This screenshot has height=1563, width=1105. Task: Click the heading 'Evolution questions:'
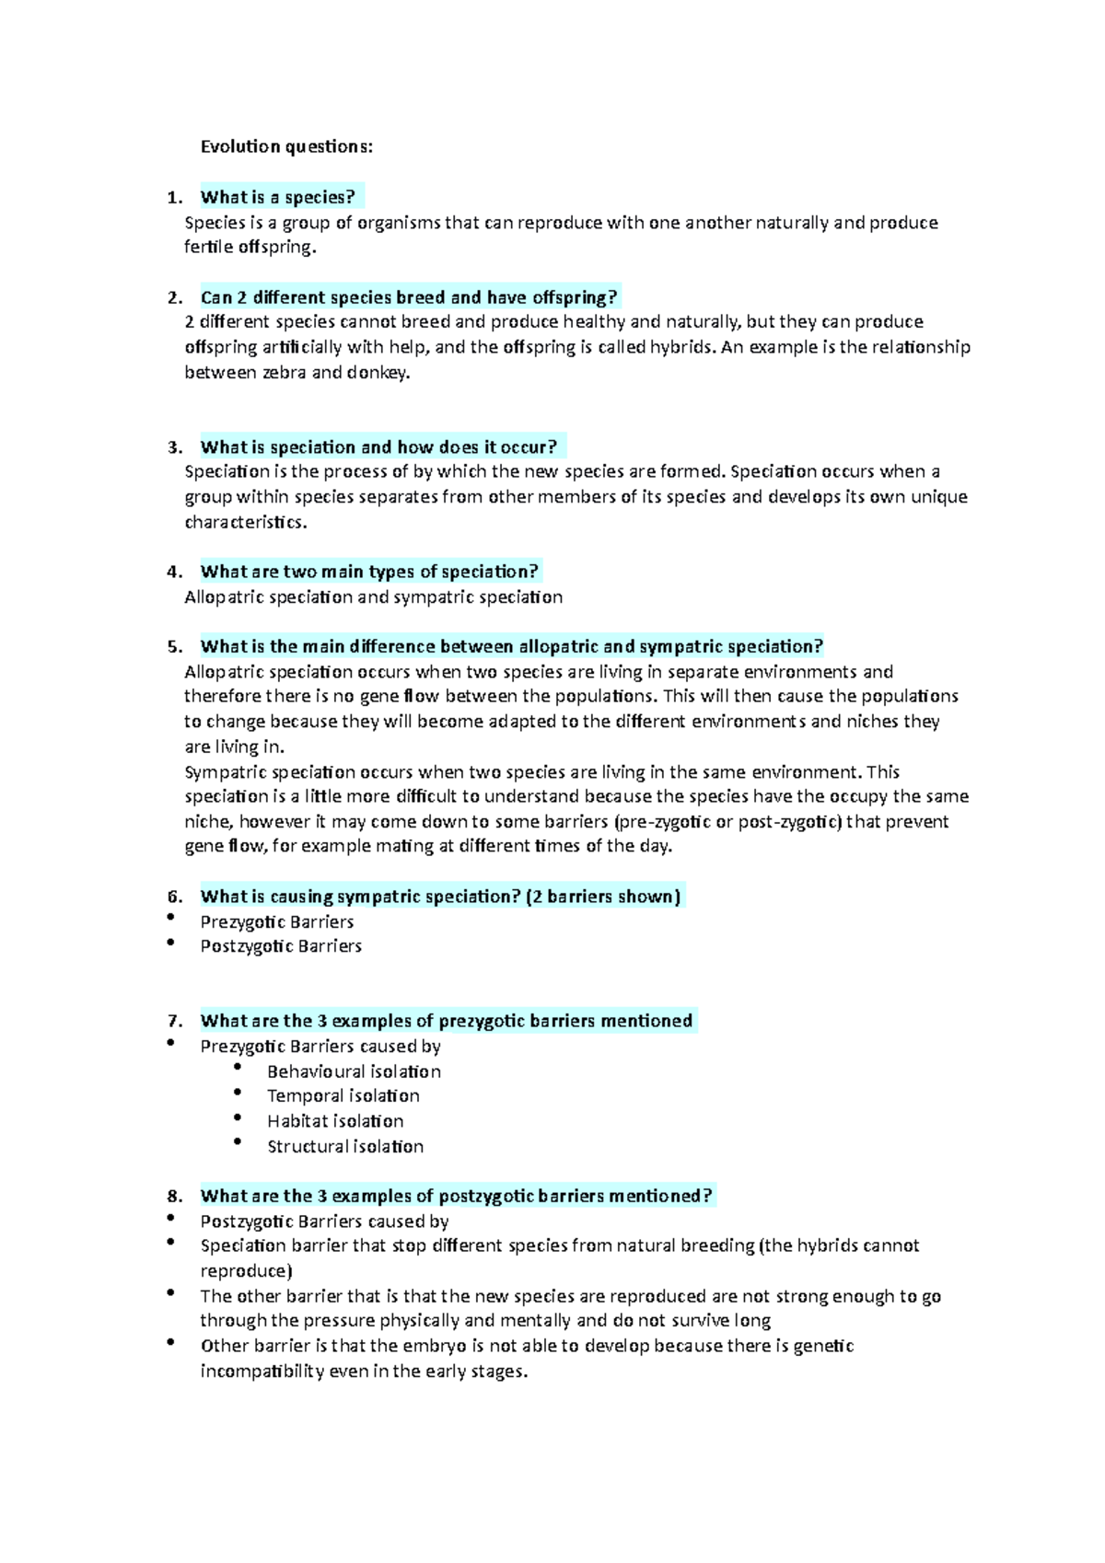(x=286, y=146)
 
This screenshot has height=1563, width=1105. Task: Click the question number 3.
(x=174, y=447)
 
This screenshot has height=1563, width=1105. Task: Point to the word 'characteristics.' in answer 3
(x=246, y=522)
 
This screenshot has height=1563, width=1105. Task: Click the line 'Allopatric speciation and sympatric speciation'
(x=373, y=596)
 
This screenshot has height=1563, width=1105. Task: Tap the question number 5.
(x=174, y=646)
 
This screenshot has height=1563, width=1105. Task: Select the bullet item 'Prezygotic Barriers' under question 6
(x=277, y=921)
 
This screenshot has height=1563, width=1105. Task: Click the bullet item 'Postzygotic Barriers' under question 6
(x=281, y=945)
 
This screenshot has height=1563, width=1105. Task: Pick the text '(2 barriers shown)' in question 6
(x=603, y=897)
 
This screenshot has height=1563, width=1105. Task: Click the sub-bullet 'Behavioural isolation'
(x=354, y=1071)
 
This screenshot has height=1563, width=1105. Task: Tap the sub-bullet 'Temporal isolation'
(x=343, y=1095)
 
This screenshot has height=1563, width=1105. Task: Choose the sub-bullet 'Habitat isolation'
(x=335, y=1121)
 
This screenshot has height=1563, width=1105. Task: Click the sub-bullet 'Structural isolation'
(x=345, y=1146)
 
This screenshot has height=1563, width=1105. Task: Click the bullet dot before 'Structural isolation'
(x=238, y=1141)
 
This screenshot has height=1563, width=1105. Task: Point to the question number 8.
(x=174, y=1196)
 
